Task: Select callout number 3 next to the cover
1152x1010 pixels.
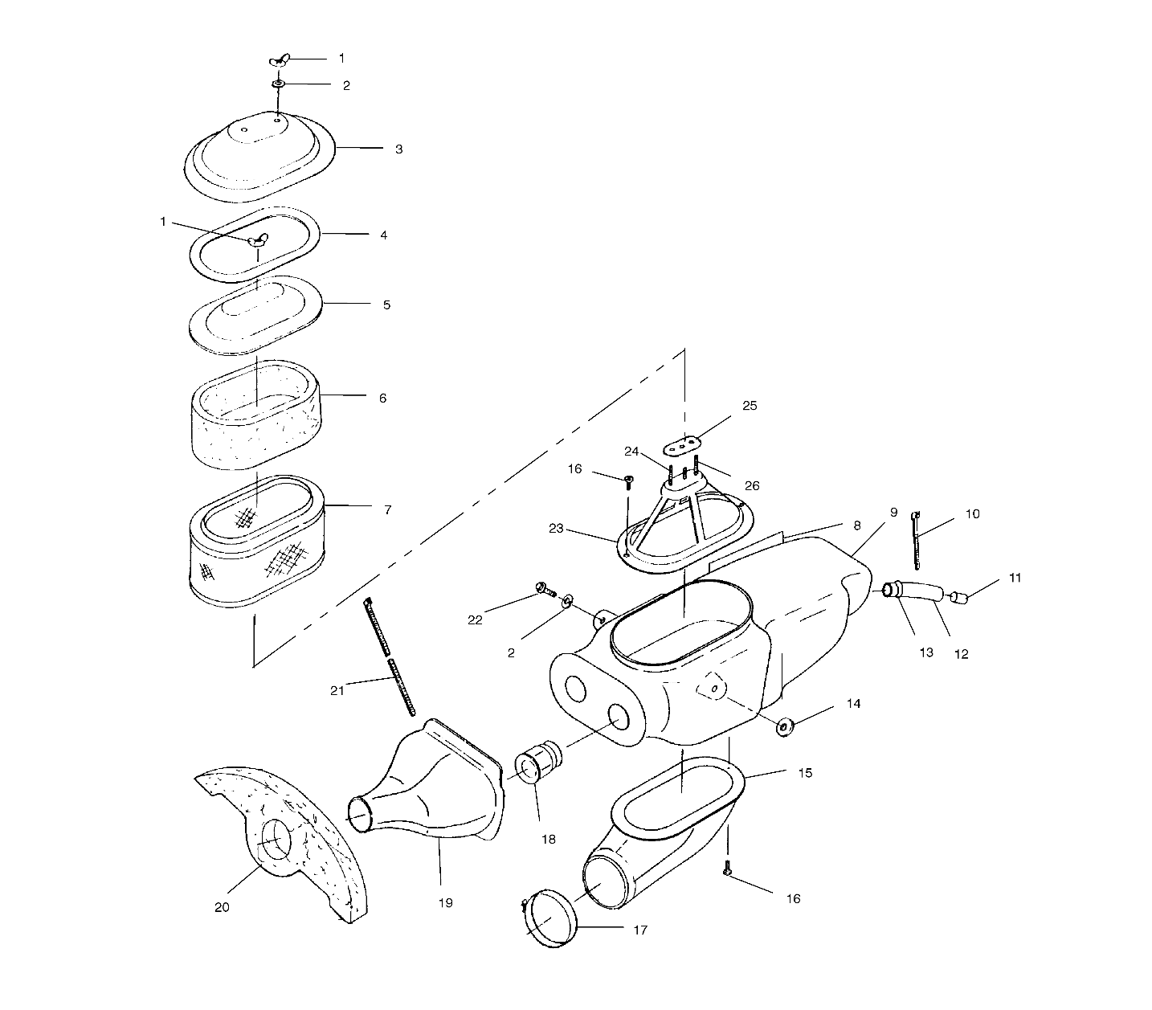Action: [398, 149]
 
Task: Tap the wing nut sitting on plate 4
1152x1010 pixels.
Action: [257, 240]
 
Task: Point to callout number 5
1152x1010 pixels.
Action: [386, 305]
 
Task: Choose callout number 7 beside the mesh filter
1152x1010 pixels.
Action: [388, 510]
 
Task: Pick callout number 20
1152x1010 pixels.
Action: [222, 907]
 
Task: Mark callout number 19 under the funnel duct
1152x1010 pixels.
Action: [445, 902]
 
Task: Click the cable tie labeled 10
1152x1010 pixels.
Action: [917, 544]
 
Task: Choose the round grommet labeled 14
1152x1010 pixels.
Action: [785, 727]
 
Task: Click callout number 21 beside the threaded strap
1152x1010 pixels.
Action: [337, 690]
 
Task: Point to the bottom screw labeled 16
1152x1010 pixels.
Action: [727, 869]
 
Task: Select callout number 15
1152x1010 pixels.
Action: [805, 773]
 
